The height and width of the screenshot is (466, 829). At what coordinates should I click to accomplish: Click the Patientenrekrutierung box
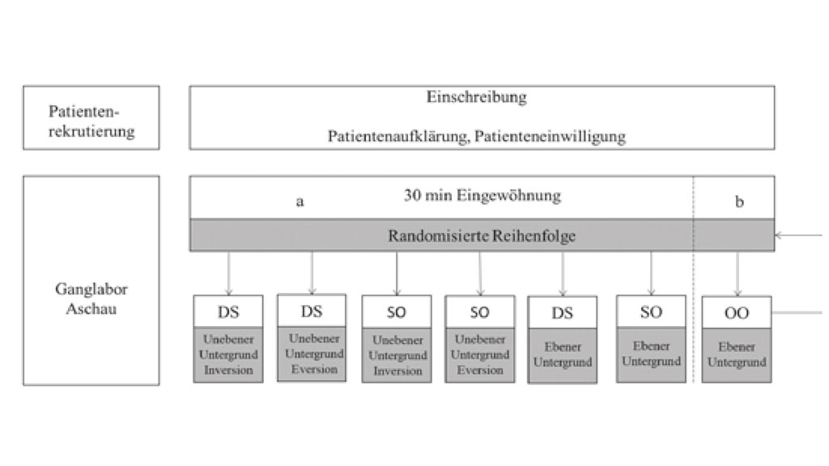point(91,118)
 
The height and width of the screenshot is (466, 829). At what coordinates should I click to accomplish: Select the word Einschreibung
point(476,97)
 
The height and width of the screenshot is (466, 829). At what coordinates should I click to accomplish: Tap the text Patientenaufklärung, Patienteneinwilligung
point(476,136)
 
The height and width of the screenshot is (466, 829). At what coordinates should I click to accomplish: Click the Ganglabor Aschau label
point(91,299)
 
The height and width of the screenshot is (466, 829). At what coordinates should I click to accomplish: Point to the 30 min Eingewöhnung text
point(482,195)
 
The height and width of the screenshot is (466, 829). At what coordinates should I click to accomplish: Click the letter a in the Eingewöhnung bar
point(300,202)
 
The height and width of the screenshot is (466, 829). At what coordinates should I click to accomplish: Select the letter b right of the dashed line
point(738,202)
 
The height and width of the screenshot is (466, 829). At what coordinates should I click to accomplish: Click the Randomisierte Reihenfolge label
point(482,235)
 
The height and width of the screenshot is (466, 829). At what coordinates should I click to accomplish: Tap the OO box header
point(737,312)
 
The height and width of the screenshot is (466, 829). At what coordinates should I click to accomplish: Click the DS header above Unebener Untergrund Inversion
point(227,311)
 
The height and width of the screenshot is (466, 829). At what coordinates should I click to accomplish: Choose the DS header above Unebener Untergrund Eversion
point(312,311)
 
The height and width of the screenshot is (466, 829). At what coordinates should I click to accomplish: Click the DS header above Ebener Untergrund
point(562,313)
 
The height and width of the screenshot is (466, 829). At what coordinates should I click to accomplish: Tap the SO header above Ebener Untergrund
point(651,311)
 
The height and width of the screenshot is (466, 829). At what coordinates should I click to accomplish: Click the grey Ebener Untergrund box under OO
point(737,354)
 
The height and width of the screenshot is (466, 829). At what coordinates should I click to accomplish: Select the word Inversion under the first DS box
point(227,371)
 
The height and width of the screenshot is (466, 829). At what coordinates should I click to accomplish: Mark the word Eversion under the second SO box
point(479,371)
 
